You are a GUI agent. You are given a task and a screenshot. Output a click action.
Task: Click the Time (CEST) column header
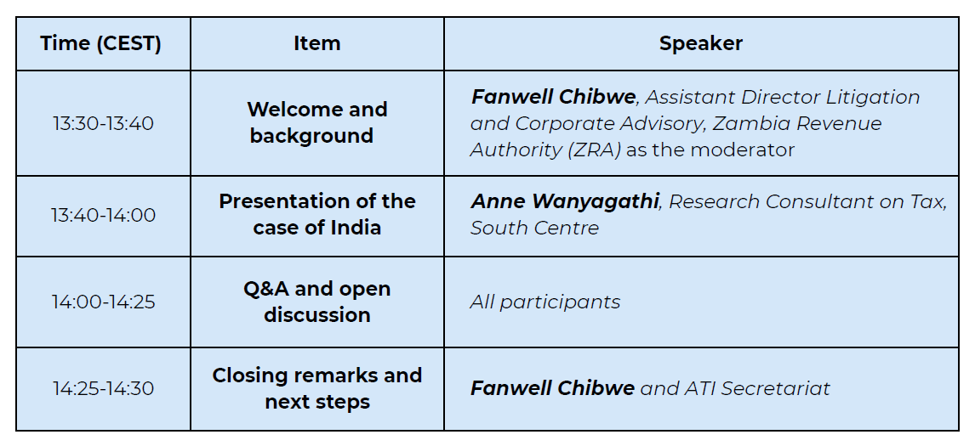click(x=100, y=43)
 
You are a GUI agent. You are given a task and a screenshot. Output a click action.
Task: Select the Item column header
click(x=317, y=43)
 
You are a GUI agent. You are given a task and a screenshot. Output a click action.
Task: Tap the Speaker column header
click(x=701, y=43)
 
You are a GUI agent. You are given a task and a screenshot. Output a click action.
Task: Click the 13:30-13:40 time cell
click(x=103, y=123)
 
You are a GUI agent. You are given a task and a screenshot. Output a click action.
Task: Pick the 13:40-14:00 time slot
click(x=103, y=215)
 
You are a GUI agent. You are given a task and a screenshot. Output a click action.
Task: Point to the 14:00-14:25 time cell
click(x=103, y=302)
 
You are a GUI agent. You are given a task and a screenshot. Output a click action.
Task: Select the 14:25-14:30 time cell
click(x=103, y=388)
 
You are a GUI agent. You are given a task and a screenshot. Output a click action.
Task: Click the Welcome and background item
click(x=317, y=122)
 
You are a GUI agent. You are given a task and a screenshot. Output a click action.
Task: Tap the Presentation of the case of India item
click(x=317, y=214)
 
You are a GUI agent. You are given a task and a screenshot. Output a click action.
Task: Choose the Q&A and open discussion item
click(x=317, y=302)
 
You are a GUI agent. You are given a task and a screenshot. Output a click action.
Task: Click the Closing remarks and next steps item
click(x=317, y=388)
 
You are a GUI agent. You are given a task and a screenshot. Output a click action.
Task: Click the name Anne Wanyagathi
click(x=565, y=202)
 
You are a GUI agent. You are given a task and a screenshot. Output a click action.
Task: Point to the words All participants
click(x=545, y=302)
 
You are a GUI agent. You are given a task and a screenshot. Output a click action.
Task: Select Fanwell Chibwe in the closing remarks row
click(x=553, y=388)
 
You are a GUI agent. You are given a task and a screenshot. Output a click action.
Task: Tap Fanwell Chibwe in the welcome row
click(x=553, y=97)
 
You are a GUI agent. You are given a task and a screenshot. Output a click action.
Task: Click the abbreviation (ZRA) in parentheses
click(x=594, y=150)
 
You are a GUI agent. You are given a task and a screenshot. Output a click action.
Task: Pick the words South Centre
click(x=535, y=228)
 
